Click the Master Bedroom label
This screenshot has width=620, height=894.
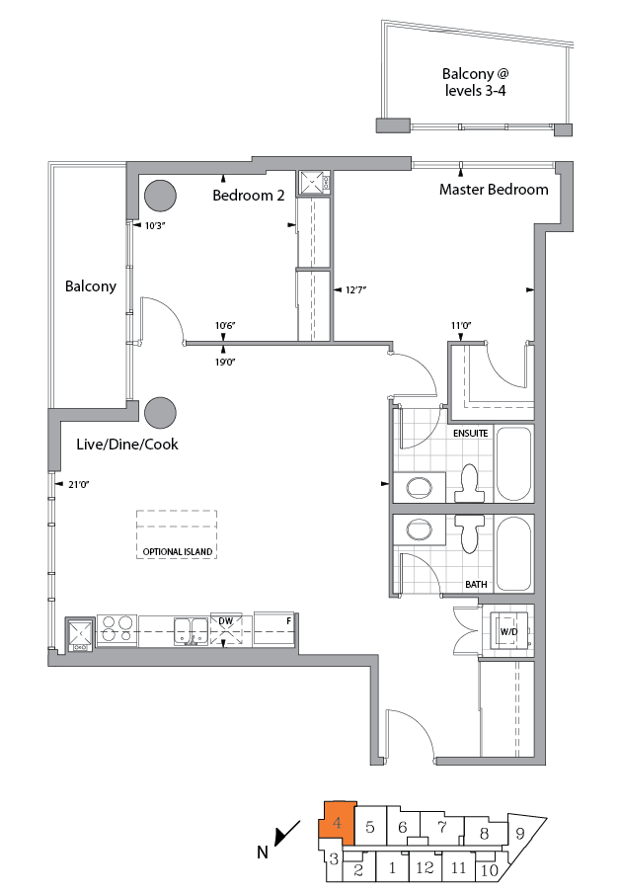[494, 190]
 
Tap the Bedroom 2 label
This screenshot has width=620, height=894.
[249, 196]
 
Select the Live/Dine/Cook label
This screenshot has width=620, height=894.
[127, 445]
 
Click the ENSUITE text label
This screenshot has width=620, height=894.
[472, 434]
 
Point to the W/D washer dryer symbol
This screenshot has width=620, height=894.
[510, 631]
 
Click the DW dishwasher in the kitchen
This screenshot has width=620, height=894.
[226, 630]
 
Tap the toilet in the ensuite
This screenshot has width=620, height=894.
[470, 483]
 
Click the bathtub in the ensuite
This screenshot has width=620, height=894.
[514, 463]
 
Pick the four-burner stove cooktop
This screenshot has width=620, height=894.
[116, 631]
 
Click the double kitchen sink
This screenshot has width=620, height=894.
[191, 630]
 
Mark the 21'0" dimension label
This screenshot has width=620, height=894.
[78, 484]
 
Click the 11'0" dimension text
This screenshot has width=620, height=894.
[461, 325]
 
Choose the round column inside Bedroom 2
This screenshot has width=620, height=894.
[160, 197]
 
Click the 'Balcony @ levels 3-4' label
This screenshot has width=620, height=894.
[475, 82]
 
